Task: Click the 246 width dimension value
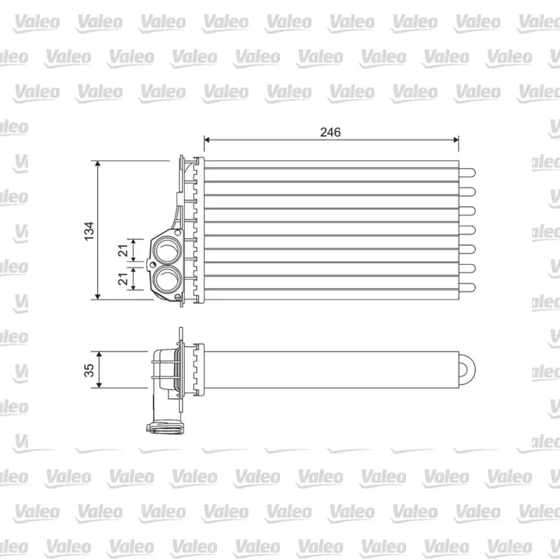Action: [330, 132]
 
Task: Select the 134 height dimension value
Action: [89, 231]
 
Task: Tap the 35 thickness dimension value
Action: [89, 370]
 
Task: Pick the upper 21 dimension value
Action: [123, 251]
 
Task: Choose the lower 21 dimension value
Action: [123, 279]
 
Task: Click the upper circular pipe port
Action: [167, 249]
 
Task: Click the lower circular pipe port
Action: [167, 279]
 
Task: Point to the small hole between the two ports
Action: [153, 265]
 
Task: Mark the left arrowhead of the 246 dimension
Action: [206, 139]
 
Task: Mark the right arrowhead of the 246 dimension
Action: [456, 139]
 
